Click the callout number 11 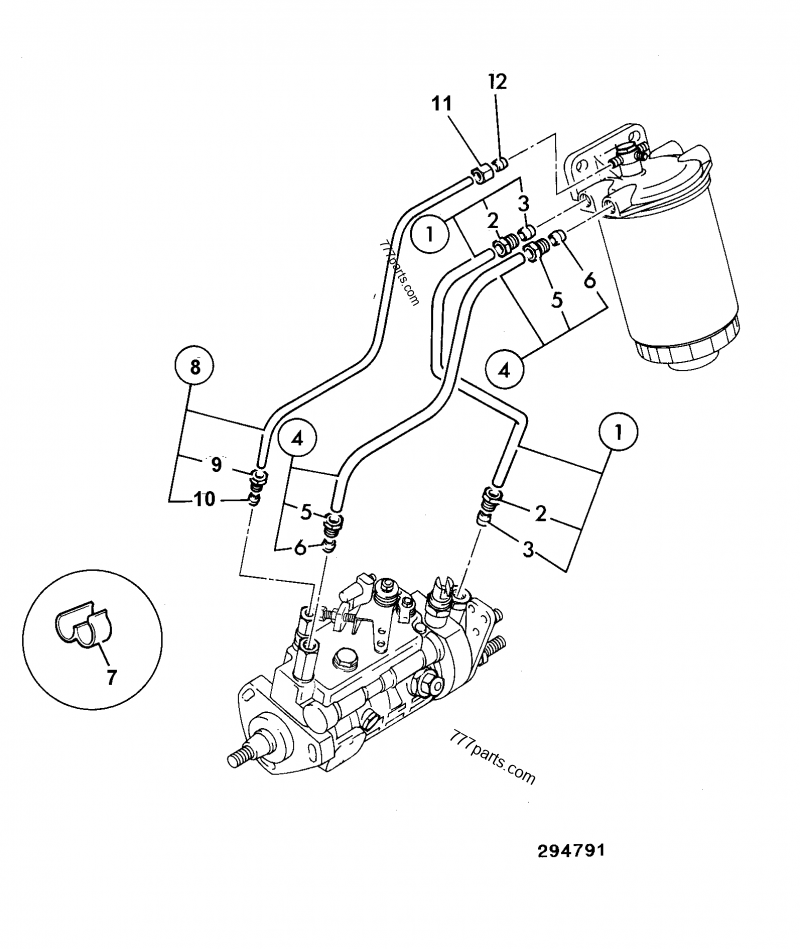click(441, 103)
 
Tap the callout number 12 click(497, 81)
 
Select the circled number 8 click(195, 367)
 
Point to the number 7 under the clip click(111, 678)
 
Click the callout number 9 click(216, 463)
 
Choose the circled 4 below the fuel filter click(504, 369)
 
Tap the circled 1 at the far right click(618, 433)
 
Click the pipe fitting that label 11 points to click(479, 177)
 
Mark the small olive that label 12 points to click(503, 161)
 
